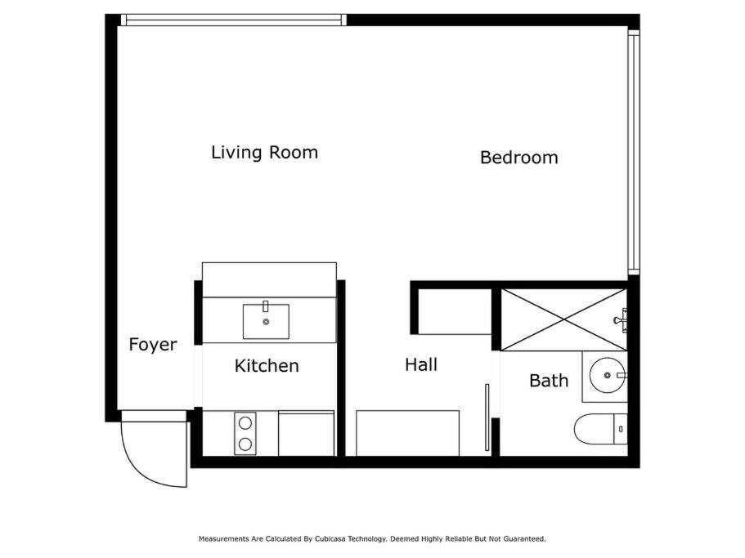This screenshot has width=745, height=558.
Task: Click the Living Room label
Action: coord(265,153)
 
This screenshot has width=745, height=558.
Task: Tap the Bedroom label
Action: coord(518,158)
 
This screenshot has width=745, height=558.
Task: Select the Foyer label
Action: coord(152,345)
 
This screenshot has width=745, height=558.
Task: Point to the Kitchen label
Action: coord(267,366)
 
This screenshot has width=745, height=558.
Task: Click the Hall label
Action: coord(421,365)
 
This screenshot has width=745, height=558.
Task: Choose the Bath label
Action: coord(549,381)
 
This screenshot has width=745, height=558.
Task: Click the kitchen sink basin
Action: coord(266,322)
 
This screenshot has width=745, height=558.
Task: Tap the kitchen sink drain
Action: coord(266,322)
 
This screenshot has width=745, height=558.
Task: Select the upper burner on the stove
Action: coord(245,422)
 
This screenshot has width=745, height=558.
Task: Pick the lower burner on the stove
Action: coord(245,444)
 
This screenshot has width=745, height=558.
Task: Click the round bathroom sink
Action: coord(608,375)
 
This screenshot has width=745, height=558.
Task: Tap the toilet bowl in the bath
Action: coord(594,429)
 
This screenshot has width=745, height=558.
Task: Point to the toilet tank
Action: coord(621,429)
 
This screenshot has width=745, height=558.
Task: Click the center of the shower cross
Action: coord(564,319)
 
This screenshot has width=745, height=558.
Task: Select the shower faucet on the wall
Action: coord(621,319)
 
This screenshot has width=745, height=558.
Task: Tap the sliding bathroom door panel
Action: coord(487,417)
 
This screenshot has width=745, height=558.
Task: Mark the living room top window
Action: coord(234,20)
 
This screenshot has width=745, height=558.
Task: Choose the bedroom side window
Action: coord(634,152)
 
